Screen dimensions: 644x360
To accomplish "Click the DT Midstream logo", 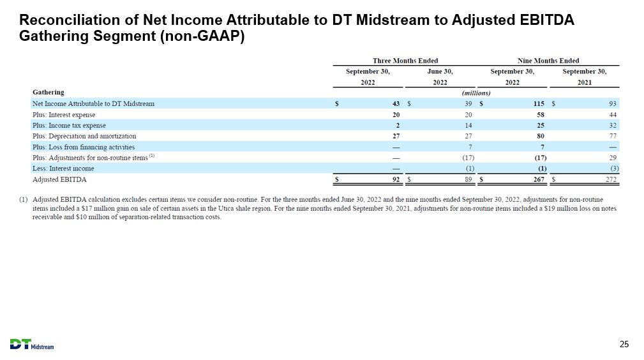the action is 32,345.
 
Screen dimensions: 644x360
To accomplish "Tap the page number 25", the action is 624,345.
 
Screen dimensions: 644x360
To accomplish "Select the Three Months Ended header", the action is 405,61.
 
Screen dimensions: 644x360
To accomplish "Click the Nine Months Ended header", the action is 548,61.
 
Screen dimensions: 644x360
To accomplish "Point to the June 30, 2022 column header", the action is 440,77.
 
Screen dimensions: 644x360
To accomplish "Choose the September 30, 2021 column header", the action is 585,77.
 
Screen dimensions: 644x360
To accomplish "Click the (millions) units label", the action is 476,93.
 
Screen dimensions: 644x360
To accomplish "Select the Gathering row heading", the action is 48,92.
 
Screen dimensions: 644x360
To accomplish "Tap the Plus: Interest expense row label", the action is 64,115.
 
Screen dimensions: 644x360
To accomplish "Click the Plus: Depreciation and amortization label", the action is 84,136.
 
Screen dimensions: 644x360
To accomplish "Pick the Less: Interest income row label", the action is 63,169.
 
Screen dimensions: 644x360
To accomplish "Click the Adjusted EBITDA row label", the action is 59,179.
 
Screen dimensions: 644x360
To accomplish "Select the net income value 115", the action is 539,103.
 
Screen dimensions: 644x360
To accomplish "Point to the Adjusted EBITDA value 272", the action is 611,179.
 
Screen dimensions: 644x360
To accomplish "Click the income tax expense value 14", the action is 468,125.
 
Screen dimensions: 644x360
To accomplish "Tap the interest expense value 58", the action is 541,115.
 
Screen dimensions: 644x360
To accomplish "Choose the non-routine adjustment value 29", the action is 613,158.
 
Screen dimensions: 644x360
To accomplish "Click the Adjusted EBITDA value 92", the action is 396,179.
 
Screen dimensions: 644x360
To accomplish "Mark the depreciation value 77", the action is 613,136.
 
